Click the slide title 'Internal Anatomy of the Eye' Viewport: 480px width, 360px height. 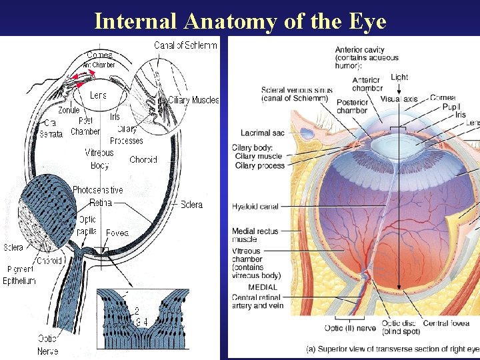(240, 21)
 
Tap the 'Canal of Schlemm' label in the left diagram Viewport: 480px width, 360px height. (185, 45)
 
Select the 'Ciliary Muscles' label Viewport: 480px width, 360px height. (193, 100)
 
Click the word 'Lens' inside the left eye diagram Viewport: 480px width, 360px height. (98, 95)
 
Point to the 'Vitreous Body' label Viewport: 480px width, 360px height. (99, 159)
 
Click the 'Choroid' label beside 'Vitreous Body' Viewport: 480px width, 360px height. (143, 160)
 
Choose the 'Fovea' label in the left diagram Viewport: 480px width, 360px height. (117, 233)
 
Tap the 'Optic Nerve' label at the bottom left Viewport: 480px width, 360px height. (48, 345)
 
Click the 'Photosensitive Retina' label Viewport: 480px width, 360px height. (98, 196)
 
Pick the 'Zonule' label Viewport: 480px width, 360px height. (69, 111)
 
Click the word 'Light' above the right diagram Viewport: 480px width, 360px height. (399, 77)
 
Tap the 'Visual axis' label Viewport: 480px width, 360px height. (399, 99)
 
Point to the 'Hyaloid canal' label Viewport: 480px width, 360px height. (255, 207)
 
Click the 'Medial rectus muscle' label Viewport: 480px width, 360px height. (255, 235)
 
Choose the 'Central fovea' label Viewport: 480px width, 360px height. (447, 323)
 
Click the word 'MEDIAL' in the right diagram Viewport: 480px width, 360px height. (262, 287)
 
